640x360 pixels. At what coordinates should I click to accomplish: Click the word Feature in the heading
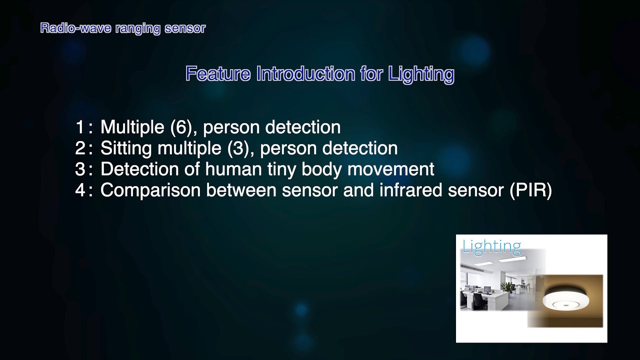pyautogui.click(x=217, y=74)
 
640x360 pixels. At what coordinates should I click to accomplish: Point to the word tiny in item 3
pyautogui.click(x=280, y=169)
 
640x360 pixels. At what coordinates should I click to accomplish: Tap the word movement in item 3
pyautogui.click(x=390, y=169)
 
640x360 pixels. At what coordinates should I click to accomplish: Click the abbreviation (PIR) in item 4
pyautogui.click(x=531, y=190)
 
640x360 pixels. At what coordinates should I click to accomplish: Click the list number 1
pyautogui.click(x=80, y=127)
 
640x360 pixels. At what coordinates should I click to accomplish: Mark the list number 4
pyautogui.click(x=80, y=190)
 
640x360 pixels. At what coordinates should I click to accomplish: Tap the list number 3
pyautogui.click(x=80, y=169)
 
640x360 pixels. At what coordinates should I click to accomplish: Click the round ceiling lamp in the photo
pyautogui.click(x=566, y=300)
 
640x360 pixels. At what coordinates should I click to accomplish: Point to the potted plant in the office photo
pyautogui.click(x=507, y=287)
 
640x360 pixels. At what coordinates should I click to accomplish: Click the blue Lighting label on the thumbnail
pyautogui.click(x=491, y=246)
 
